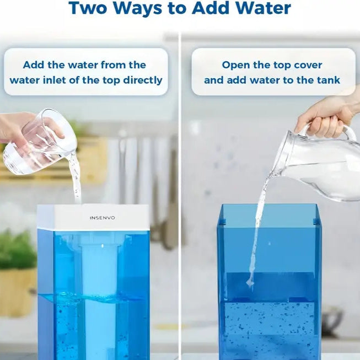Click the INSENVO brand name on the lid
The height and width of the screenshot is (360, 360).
point(103,218)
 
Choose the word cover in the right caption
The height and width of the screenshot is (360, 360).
point(308,65)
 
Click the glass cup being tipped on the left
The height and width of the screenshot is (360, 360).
point(41,143)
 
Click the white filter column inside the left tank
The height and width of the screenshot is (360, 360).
point(99,292)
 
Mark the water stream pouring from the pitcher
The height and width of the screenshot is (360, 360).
point(257,232)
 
